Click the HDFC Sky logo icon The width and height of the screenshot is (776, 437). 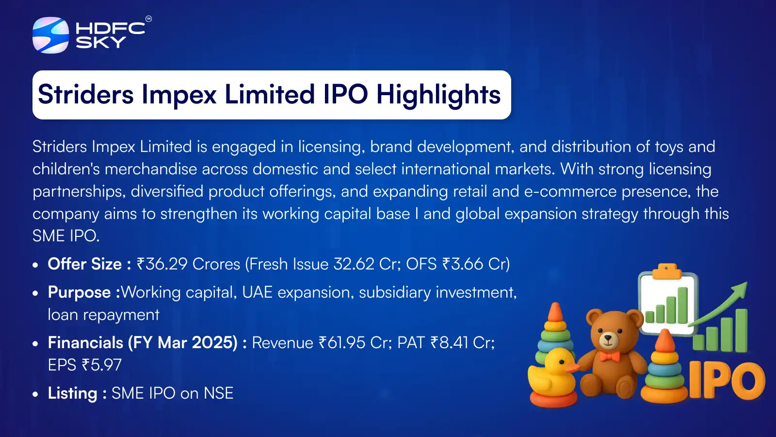tap(50, 35)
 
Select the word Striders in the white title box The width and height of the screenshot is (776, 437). tap(85, 94)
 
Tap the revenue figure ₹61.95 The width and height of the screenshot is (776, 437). tap(342, 343)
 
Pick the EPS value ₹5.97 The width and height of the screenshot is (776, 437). tap(102, 365)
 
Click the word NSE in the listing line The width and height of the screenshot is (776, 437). tap(219, 393)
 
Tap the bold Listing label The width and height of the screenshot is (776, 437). tap(72, 394)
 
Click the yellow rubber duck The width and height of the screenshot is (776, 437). tap(552, 374)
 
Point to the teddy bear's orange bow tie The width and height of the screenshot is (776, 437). tap(610, 356)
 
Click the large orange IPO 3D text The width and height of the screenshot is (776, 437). tap(727, 380)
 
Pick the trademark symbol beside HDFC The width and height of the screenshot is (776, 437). tap(148, 19)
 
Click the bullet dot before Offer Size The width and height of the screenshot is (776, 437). tap(35, 265)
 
